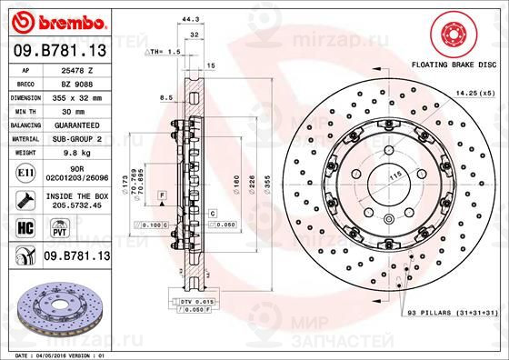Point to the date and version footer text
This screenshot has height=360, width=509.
pos(56,355)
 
